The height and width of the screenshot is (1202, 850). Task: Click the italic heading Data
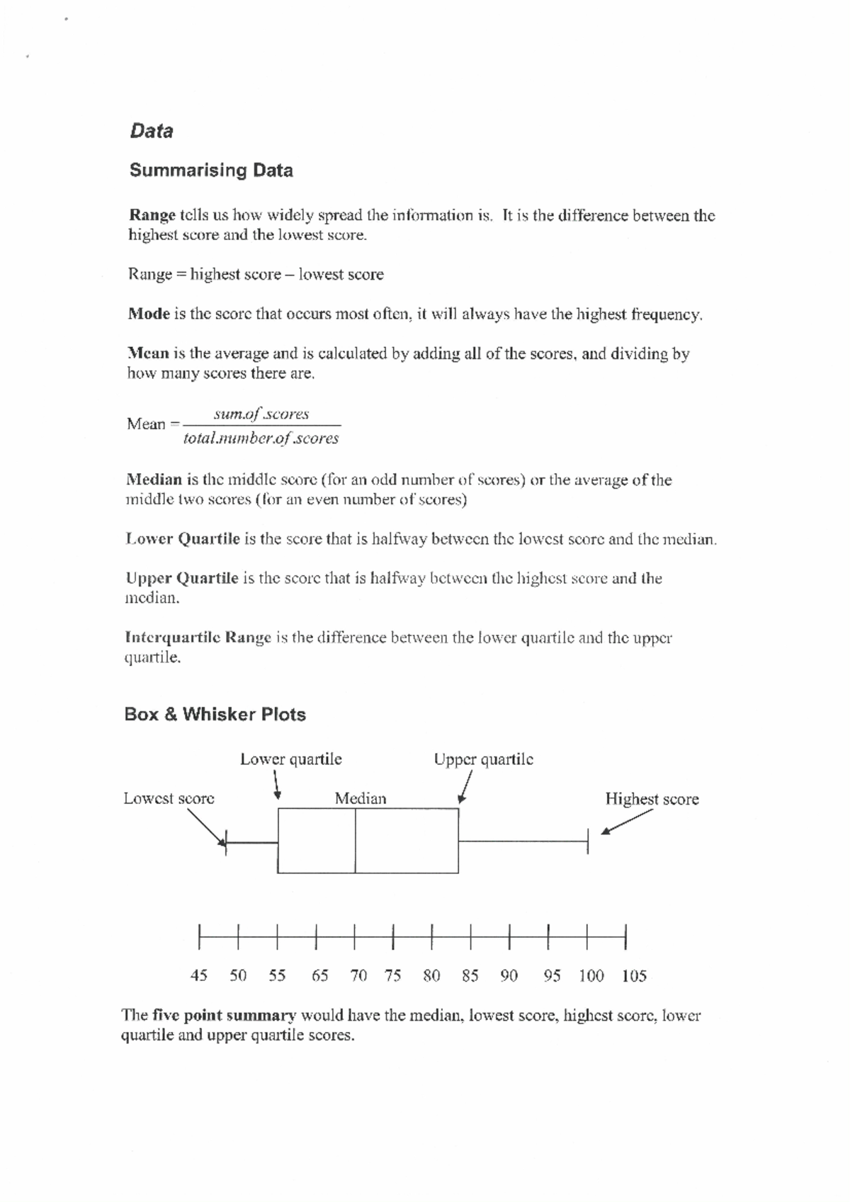click(x=151, y=131)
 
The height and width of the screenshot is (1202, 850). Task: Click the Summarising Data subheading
click(x=210, y=171)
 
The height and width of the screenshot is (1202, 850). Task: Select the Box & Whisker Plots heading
click(x=215, y=714)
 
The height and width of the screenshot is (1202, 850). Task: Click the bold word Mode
click(x=149, y=314)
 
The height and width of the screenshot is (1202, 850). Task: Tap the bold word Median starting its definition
click(x=154, y=480)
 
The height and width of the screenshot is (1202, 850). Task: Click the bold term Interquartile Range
click(x=198, y=637)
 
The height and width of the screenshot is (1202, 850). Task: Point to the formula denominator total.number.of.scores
click(x=261, y=438)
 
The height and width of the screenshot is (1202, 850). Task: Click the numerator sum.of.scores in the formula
click(x=261, y=414)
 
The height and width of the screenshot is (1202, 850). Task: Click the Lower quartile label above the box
click(x=290, y=759)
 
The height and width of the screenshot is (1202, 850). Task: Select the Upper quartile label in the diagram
click(x=483, y=759)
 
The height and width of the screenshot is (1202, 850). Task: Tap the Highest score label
click(x=651, y=799)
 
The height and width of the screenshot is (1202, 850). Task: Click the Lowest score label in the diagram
click(x=169, y=798)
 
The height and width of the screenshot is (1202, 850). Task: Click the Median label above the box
click(x=361, y=799)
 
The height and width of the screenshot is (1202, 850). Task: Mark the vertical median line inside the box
click(x=355, y=841)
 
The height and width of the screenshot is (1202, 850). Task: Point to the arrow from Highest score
click(x=626, y=822)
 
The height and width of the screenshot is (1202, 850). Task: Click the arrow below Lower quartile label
click(x=278, y=785)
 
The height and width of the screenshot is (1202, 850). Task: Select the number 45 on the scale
click(x=199, y=976)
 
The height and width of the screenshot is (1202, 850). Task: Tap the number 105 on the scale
click(x=633, y=976)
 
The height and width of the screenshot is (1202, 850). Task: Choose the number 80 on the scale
click(x=431, y=976)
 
